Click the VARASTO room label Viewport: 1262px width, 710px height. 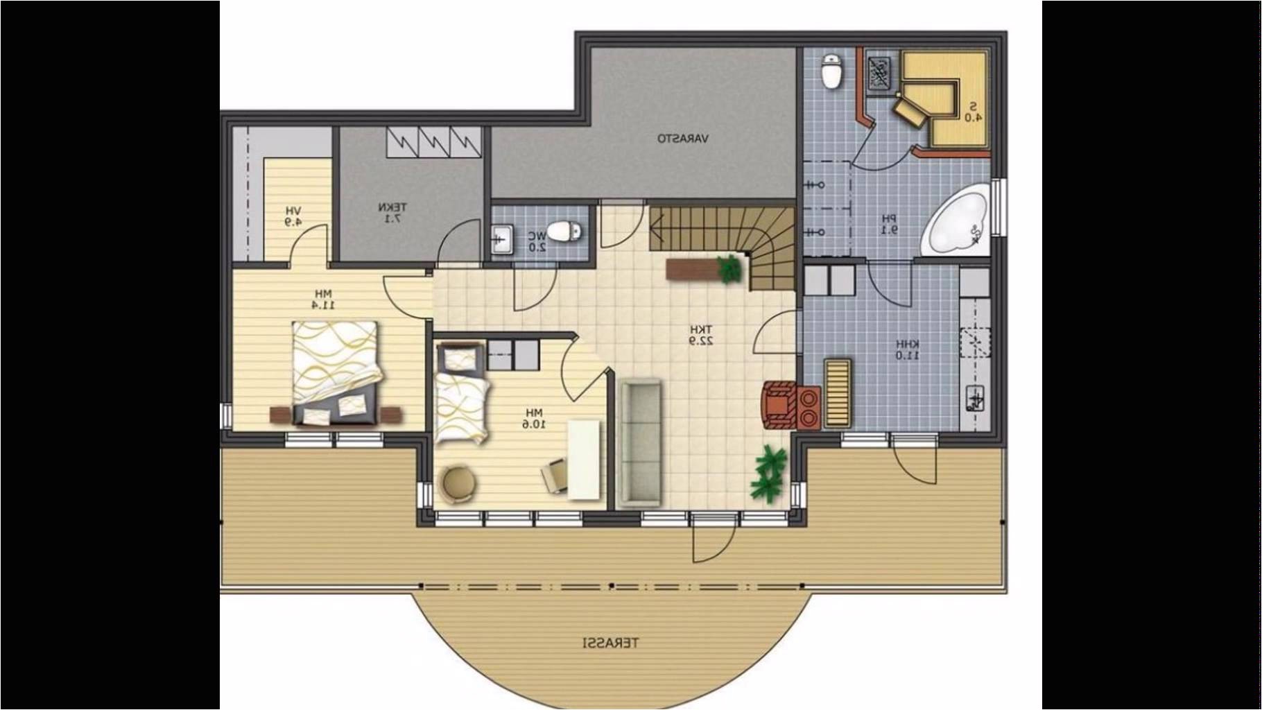tap(683, 139)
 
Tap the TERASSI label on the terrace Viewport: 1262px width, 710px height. tap(610, 643)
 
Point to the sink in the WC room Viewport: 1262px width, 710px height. tap(502, 239)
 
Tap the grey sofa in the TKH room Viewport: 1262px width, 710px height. tap(641, 442)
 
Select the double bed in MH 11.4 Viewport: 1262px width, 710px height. tap(336, 372)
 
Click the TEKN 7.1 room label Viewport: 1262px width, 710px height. tap(392, 213)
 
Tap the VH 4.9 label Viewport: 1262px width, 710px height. tap(293, 216)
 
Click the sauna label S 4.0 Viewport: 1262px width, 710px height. tap(972, 112)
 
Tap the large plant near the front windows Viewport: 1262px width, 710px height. tap(770, 471)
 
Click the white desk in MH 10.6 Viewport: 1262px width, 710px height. tap(584, 459)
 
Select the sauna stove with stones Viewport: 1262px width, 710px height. tap(880, 72)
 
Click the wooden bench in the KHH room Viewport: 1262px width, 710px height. tap(837, 392)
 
